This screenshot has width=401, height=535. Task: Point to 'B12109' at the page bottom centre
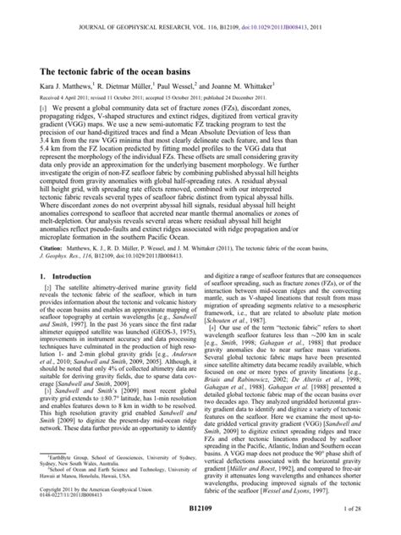tap(200, 524)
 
